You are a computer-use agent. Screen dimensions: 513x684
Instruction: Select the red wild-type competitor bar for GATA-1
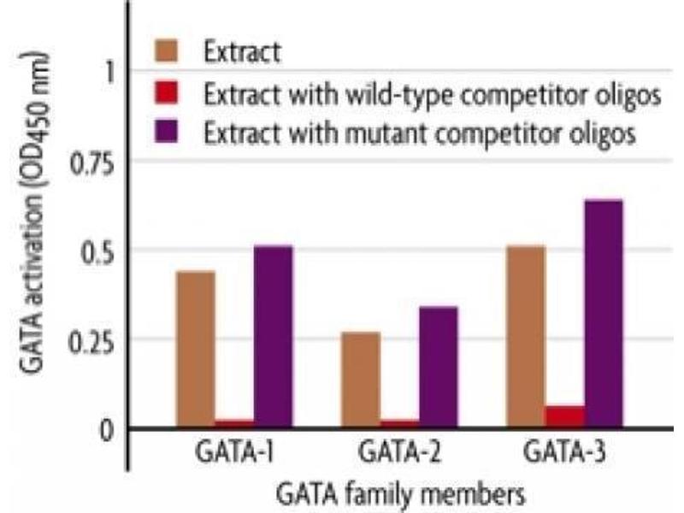233,422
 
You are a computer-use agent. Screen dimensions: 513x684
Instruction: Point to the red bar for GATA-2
399,422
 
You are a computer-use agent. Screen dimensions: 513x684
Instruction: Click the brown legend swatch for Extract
169,50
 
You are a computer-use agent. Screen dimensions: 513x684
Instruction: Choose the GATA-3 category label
564,451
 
